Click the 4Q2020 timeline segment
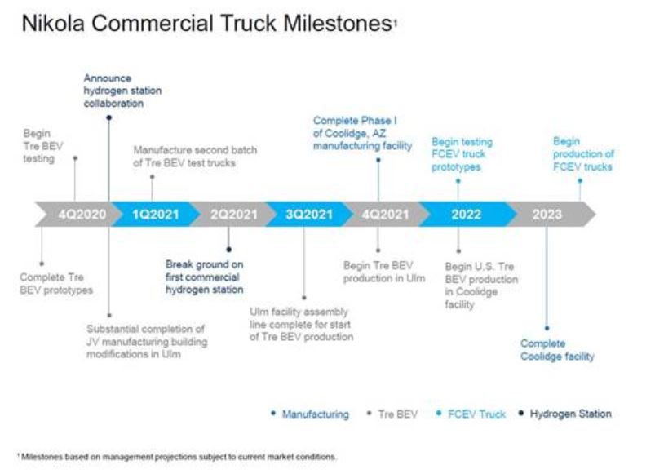82,215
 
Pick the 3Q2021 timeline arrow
308,215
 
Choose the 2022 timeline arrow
466,215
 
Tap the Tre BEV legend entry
397,414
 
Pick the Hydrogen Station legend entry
569,414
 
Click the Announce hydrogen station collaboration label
122,91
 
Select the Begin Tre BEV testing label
39,145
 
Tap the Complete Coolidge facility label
557,350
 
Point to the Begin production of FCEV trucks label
582,153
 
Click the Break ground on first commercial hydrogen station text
204,277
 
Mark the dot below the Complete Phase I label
378,161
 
